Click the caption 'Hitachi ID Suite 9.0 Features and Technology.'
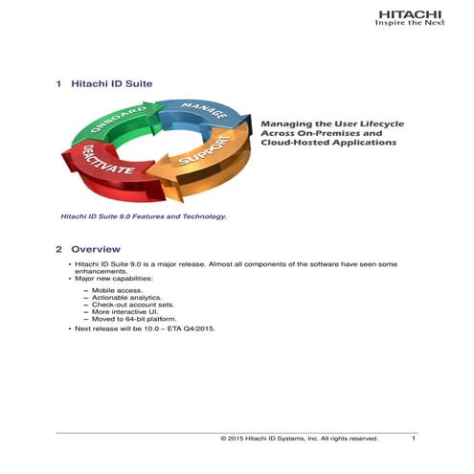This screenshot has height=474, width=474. point(144,216)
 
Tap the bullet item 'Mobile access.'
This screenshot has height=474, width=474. point(118,288)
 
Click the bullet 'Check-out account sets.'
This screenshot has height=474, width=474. point(130,305)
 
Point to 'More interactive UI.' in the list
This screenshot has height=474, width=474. point(124,312)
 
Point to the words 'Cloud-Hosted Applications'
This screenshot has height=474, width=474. point(327,142)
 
